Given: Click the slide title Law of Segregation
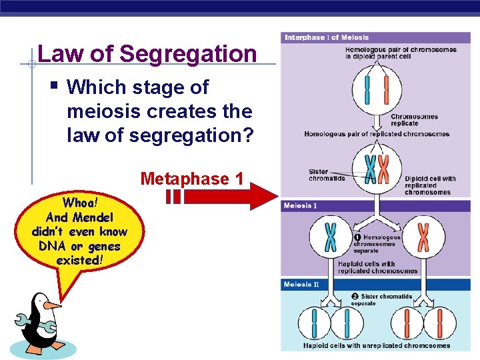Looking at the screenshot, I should click(x=147, y=53).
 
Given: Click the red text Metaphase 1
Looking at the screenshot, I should click(x=192, y=179).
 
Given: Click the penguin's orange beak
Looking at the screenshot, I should click(x=51, y=305).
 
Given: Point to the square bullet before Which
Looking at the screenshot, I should click(x=54, y=86).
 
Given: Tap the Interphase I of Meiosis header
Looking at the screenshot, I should click(x=327, y=37).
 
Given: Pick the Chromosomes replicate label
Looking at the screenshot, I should click(x=414, y=120).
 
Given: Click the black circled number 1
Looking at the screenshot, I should click(x=357, y=237).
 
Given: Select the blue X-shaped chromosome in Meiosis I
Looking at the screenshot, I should click(x=330, y=237).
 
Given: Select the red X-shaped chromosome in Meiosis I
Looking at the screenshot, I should click(x=423, y=237).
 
